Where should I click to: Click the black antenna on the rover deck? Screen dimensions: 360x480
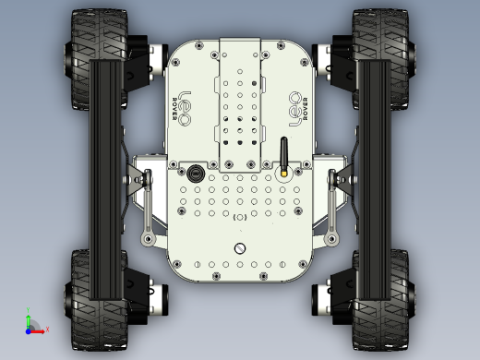tap(284, 153)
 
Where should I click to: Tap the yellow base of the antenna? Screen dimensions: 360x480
tap(284, 171)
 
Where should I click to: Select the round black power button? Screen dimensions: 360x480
tap(195, 173)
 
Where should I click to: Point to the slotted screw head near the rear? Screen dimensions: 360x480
tap(240, 247)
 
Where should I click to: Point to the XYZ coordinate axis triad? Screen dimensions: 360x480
tap(32, 325)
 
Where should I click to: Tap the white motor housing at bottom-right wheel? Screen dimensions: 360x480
tap(326, 295)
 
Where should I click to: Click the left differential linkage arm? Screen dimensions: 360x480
tap(148, 208)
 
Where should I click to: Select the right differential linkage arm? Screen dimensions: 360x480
tap(332, 208)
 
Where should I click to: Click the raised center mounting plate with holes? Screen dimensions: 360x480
tap(240, 102)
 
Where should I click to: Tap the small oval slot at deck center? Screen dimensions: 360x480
tap(240, 217)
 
